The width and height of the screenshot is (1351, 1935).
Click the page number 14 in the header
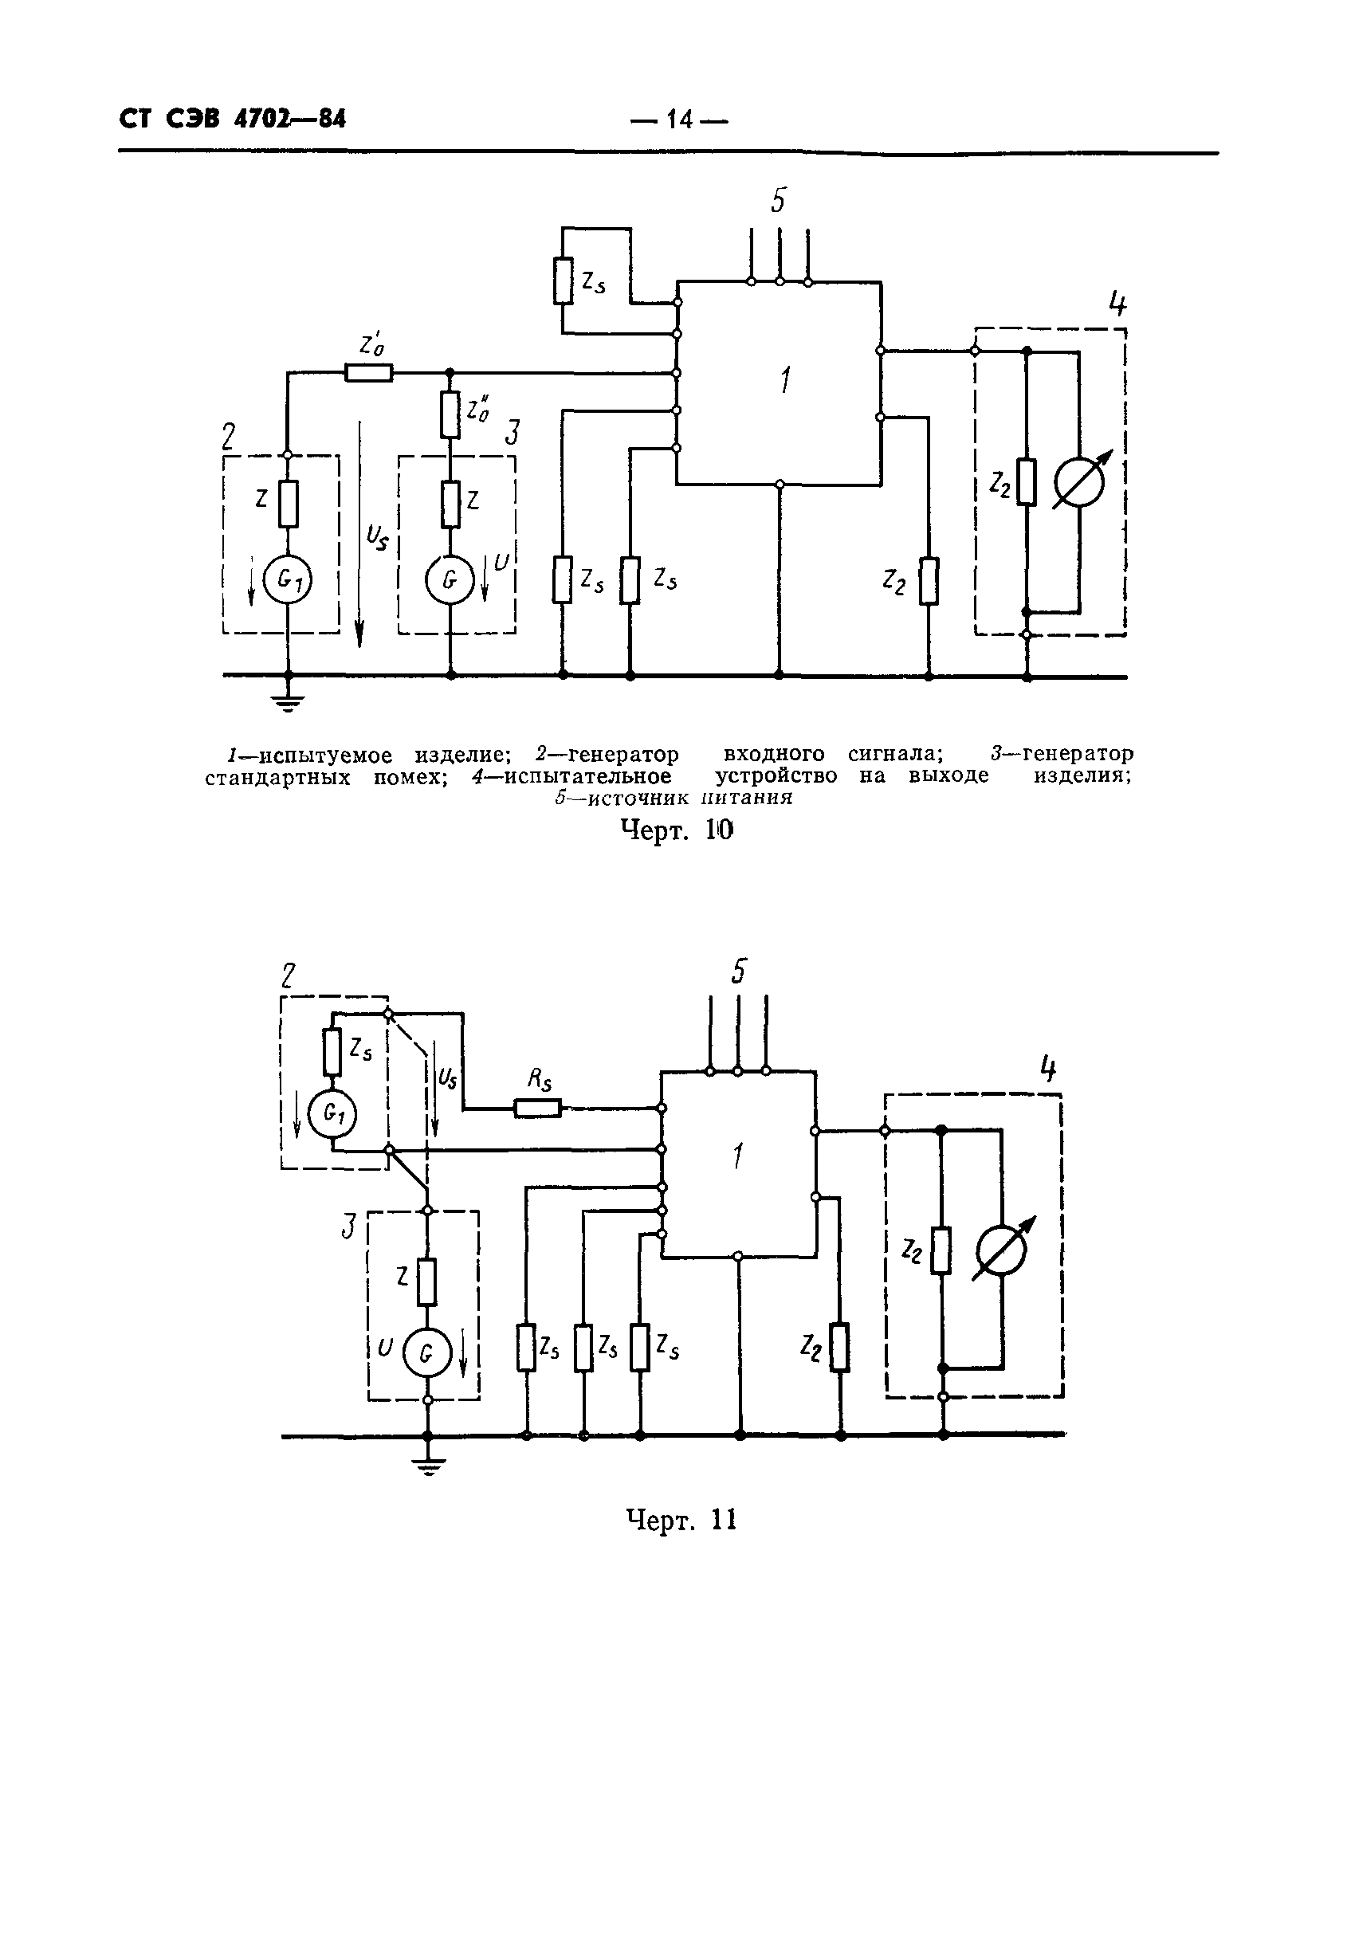tap(678, 120)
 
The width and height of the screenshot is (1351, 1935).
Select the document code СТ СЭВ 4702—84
tap(233, 119)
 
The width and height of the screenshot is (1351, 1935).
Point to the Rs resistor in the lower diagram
tap(538, 1108)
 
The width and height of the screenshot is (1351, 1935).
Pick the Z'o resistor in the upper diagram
tap(368, 371)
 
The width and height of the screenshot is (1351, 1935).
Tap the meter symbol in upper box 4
tap(1078, 482)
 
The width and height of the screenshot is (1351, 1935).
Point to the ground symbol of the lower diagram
tap(428, 1465)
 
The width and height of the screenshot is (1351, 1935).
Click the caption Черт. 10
tap(677, 831)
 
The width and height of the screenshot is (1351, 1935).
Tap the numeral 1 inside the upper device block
tap(784, 382)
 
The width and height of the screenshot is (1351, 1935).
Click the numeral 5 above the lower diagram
tap(738, 971)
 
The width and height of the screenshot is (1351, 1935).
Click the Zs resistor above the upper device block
tap(563, 281)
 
